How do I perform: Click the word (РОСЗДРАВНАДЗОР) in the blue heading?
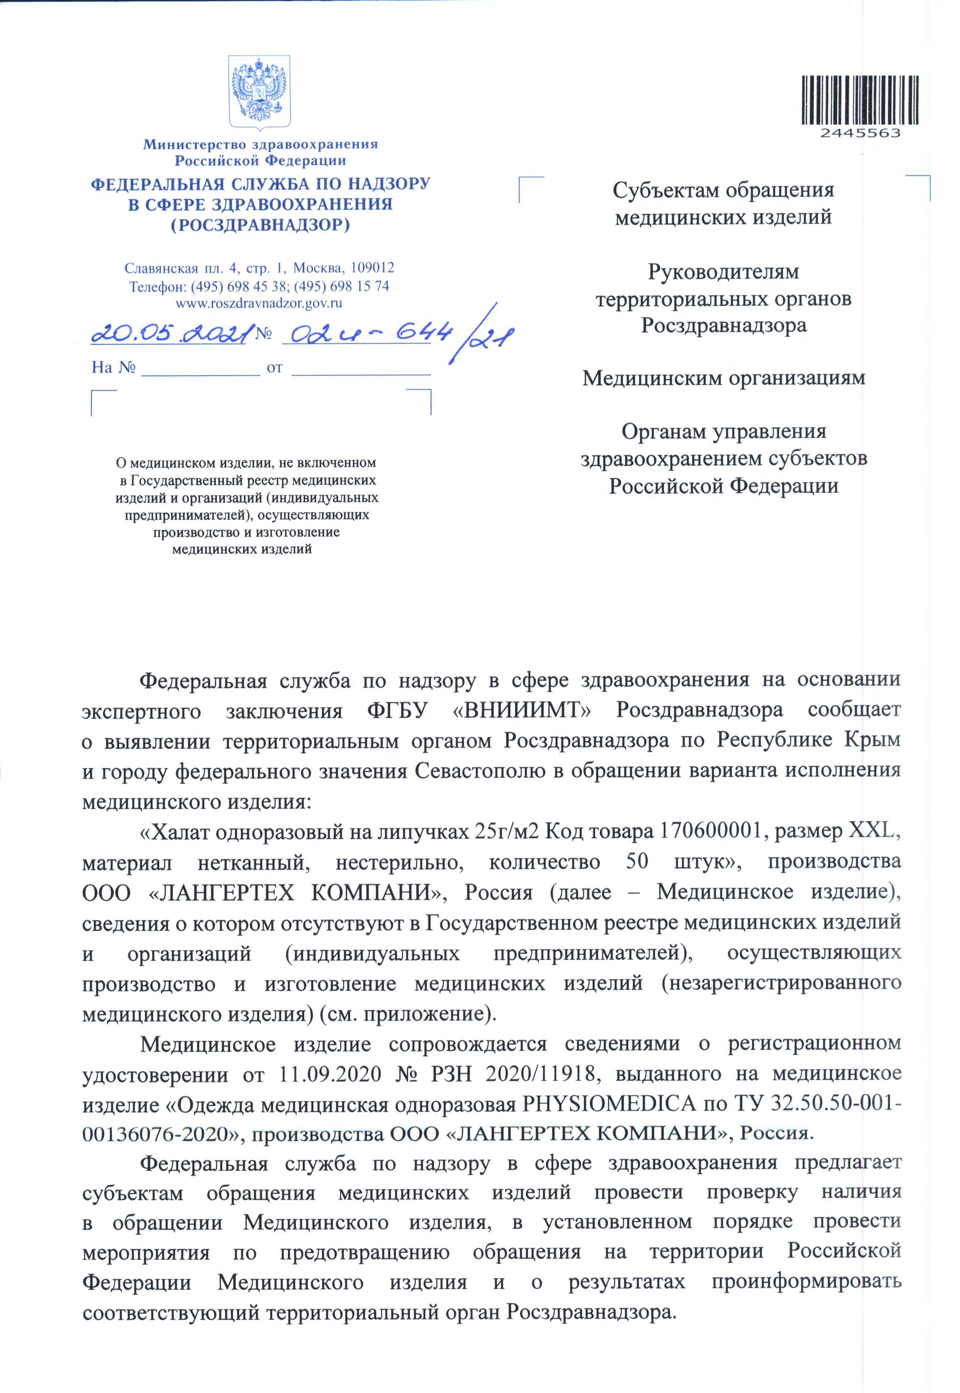point(261,225)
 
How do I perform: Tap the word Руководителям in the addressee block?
point(723,272)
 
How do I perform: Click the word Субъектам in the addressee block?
point(665,191)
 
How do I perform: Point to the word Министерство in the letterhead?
point(195,145)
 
